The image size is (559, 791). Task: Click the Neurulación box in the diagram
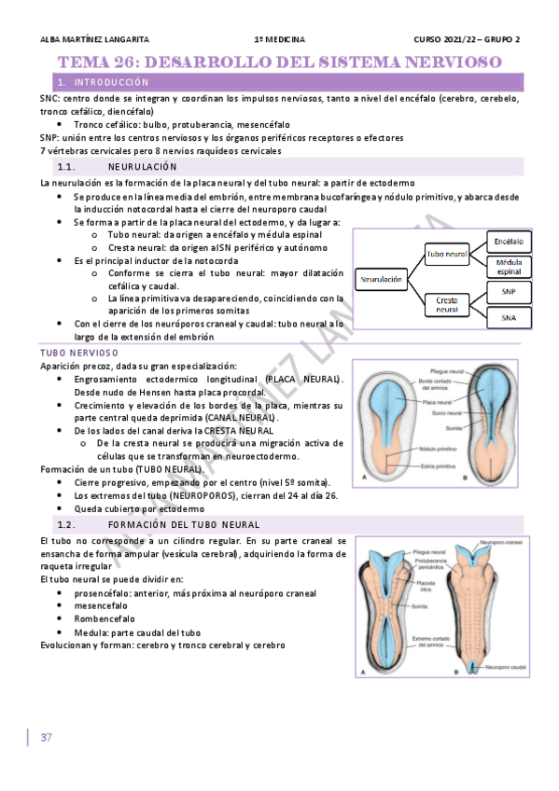[x=383, y=279]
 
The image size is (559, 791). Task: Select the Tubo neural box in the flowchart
[x=446, y=253]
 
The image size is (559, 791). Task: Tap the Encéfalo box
[x=510, y=242]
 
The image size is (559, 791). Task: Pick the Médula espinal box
[x=510, y=267]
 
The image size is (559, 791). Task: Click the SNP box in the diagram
[x=510, y=292]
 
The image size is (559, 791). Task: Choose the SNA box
[x=510, y=317]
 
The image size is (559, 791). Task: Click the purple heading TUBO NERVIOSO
[x=79, y=353]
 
